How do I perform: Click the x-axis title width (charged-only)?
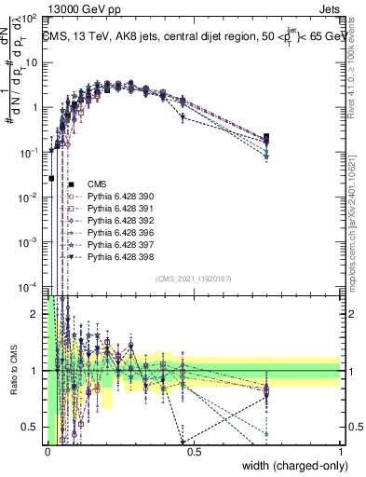(x=291, y=464)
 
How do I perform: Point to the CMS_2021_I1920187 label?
(x=195, y=279)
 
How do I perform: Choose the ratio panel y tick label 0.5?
(x=33, y=427)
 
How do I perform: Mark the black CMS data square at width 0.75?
(x=267, y=138)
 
